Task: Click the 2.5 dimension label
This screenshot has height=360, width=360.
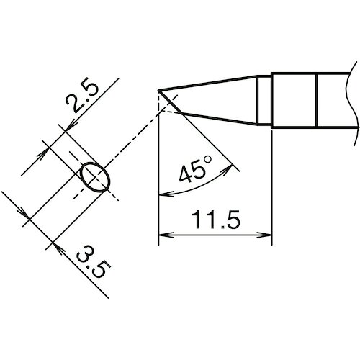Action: (x=82, y=98)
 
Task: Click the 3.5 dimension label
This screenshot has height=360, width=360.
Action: (x=93, y=261)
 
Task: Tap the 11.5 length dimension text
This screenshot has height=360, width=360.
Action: (x=216, y=220)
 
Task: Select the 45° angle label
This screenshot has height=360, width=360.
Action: (x=195, y=169)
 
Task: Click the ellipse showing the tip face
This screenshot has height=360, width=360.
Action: (x=95, y=177)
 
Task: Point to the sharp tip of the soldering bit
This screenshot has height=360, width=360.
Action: (x=158, y=91)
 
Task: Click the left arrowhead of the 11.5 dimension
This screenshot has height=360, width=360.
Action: (x=166, y=235)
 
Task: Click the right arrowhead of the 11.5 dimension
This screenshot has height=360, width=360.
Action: (x=264, y=235)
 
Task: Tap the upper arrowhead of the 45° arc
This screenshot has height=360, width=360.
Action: (x=227, y=168)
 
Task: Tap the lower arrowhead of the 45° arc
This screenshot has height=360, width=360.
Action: (x=166, y=194)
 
